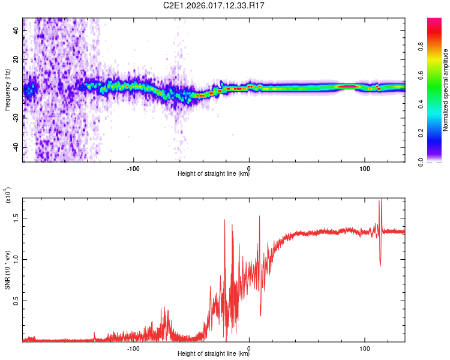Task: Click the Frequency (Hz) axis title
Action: click(7, 90)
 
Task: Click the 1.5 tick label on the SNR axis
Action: click(16, 218)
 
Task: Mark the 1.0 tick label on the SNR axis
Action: click(16, 260)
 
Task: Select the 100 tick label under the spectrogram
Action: click(364, 168)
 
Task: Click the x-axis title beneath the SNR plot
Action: click(214, 354)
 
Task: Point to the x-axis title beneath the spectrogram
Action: click(214, 174)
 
